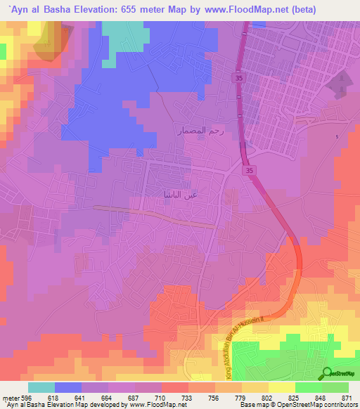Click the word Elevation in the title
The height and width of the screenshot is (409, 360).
[92, 10]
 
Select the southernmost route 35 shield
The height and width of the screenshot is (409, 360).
[250, 171]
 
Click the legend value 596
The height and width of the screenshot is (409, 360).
[25, 398]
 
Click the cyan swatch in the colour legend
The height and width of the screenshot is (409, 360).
[41, 387]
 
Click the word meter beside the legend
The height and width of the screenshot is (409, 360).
[8, 398]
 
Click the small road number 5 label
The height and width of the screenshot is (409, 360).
[337, 136]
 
